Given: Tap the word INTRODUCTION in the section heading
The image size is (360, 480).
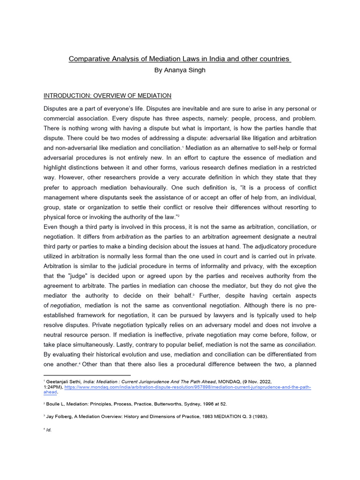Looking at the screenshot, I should coord(66,96).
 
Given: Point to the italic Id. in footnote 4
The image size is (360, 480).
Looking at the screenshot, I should coord(48,430).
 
